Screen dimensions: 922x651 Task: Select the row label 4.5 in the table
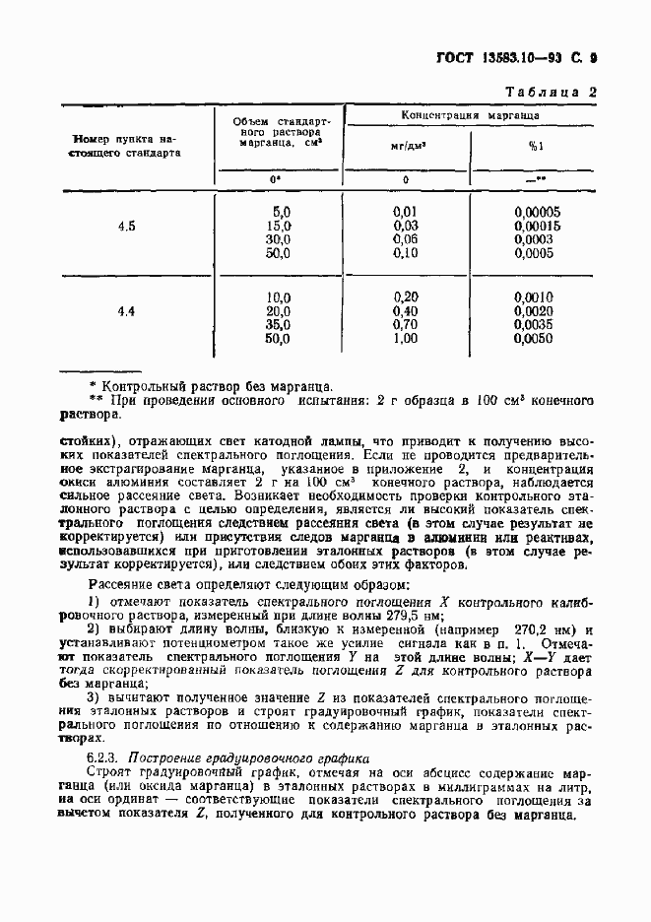point(126,228)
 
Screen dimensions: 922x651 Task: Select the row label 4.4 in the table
point(126,312)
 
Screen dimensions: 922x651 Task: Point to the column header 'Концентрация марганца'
point(470,115)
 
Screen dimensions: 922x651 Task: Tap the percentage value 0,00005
point(537,212)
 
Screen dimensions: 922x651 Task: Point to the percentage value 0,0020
point(537,310)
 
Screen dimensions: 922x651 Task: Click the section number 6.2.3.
point(105,759)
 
